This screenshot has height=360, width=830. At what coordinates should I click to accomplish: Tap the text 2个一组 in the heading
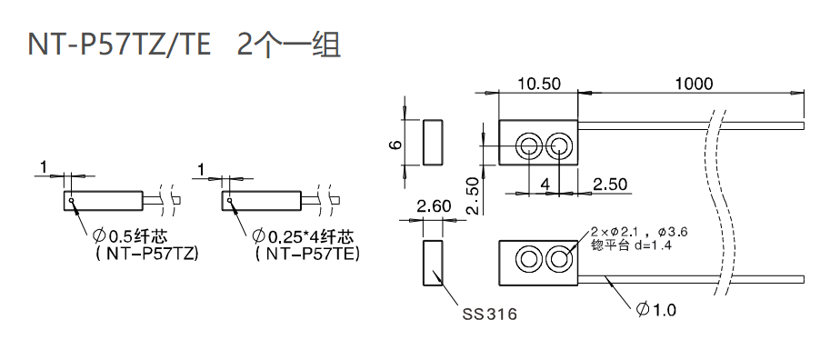click(x=288, y=45)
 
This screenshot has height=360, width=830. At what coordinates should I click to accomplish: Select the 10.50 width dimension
click(x=538, y=84)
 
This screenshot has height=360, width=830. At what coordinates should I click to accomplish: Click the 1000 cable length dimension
click(x=694, y=84)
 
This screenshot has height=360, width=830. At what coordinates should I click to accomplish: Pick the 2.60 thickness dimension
click(x=433, y=207)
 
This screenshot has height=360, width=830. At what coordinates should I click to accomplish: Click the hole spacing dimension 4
click(x=544, y=185)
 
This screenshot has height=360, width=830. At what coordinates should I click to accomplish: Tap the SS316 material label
click(x=489, y=315)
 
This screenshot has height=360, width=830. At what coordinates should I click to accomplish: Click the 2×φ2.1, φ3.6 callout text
click(x=638, y=233)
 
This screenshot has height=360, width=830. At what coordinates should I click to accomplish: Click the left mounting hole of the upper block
click(x=527, y=145)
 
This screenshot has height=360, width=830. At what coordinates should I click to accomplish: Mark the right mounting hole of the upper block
click(x=559, y=145)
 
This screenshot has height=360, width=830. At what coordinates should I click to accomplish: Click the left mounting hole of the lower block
click(x=527, y=259)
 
